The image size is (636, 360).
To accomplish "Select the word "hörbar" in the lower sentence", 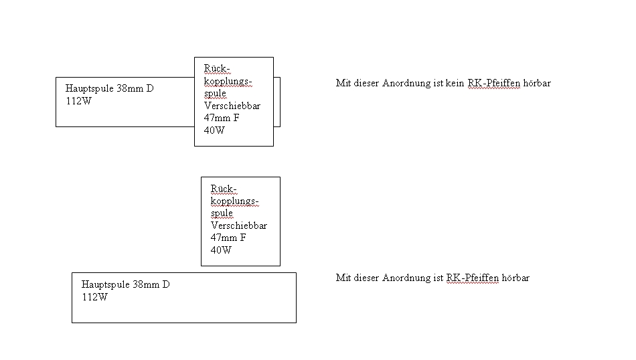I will (515, 278).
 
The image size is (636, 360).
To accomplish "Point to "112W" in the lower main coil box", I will (94, 297).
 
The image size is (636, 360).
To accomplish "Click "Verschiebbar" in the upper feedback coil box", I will (232, 106).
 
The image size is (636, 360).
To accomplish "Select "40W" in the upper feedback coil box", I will (214, 130).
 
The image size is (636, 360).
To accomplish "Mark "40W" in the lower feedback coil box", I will (221, 250).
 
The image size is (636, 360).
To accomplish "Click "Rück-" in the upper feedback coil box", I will (217, 69).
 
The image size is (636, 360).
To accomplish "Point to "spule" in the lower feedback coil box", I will (222, 213).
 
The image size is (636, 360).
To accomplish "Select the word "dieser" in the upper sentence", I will (366, 84).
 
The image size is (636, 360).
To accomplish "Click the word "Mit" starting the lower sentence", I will (343, 278).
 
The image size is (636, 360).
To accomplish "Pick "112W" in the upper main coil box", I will (78, 100).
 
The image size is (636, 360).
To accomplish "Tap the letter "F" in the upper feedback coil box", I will (236, 118).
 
